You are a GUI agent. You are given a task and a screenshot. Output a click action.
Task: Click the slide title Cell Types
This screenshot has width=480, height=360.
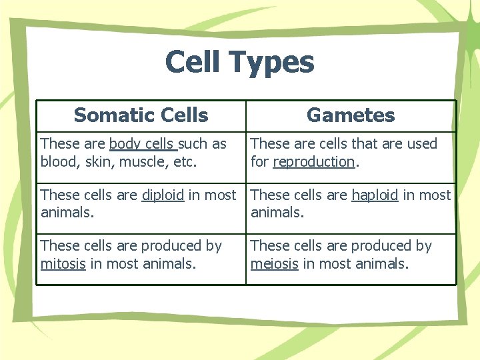[239, 62]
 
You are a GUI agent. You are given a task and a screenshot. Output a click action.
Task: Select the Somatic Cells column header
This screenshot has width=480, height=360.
[141, 115]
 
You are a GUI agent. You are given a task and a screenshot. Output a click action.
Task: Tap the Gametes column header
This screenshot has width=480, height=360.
[351, 115]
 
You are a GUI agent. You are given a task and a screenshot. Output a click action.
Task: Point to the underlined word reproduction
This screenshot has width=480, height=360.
[313, 162]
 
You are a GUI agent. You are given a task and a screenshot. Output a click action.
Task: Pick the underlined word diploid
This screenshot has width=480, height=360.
[163, 195]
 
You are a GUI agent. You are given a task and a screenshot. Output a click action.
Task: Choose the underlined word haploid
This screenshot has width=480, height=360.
[375, 195]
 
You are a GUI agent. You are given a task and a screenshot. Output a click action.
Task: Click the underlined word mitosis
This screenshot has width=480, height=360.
[63, 264]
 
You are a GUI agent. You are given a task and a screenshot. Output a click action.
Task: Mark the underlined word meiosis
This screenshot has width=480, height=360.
[274, 264]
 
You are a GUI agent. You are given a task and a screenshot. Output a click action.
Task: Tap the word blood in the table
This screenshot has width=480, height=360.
[57, 162]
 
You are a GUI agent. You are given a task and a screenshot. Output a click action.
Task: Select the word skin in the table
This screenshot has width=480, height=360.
[95, 162]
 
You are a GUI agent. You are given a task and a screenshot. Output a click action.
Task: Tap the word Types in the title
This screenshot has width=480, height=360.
[271, 62]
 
